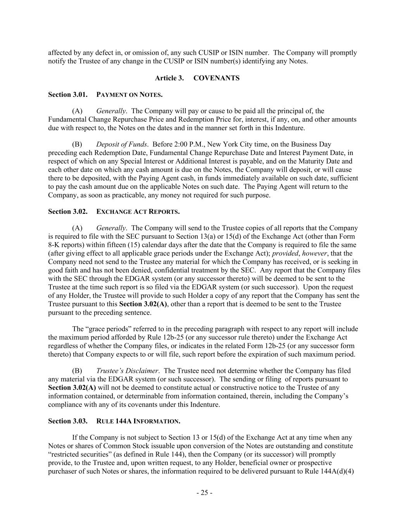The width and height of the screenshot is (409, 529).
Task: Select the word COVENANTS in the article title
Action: coord(216,78)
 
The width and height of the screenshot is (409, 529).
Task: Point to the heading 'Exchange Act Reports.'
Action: coord(138,212)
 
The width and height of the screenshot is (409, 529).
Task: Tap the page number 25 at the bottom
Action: coord(204,493)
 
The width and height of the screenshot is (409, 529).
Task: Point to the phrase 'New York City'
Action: coord(228,145)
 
